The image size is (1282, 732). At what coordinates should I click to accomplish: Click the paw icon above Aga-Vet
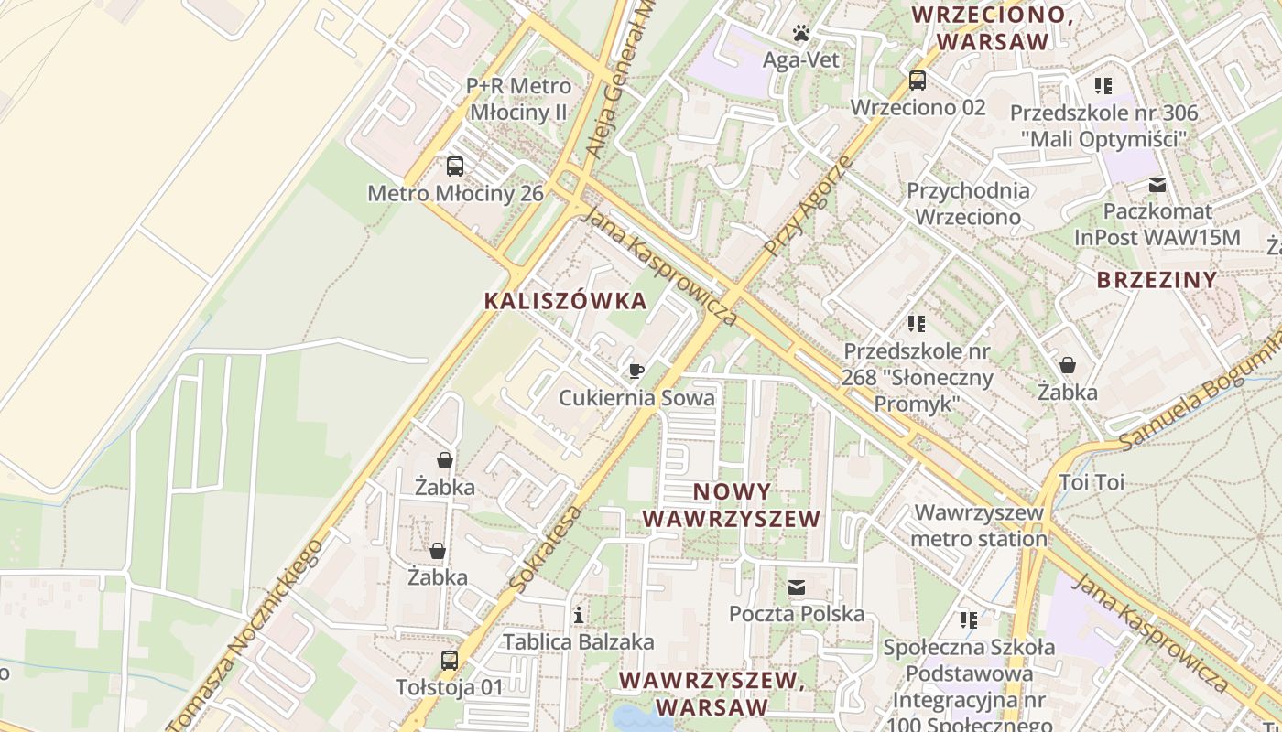802,34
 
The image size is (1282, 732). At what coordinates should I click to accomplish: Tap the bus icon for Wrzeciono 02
918,81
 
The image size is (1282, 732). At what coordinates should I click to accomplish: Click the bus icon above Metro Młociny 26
455,167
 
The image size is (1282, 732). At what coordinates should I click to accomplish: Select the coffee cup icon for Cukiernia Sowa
636,371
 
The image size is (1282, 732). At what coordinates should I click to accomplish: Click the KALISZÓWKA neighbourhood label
565,301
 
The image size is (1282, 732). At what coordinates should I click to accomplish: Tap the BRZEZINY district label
1157,280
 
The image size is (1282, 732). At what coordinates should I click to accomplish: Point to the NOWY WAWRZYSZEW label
731,505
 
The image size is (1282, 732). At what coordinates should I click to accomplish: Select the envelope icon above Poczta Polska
797,587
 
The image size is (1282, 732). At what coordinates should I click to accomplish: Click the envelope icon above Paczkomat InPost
1158,185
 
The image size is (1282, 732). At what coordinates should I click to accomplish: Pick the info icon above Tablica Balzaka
579,615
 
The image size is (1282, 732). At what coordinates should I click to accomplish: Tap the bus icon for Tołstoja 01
450,660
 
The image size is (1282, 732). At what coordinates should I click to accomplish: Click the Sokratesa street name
548,548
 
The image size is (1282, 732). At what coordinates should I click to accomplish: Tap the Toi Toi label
1092,482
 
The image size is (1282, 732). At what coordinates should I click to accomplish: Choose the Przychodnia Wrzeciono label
968,204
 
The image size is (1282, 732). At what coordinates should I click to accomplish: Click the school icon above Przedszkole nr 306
1103,86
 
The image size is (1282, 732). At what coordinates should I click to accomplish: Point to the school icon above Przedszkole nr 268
917,324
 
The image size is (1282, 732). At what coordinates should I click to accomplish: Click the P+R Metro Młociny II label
518,100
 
